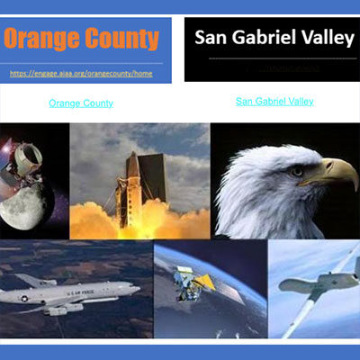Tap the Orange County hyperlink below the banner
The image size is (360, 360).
coord(81,103)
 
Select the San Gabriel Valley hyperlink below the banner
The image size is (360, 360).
coord(274,102)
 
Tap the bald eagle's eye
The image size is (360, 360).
coord(296,167)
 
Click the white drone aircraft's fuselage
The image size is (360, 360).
coord(310,285)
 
